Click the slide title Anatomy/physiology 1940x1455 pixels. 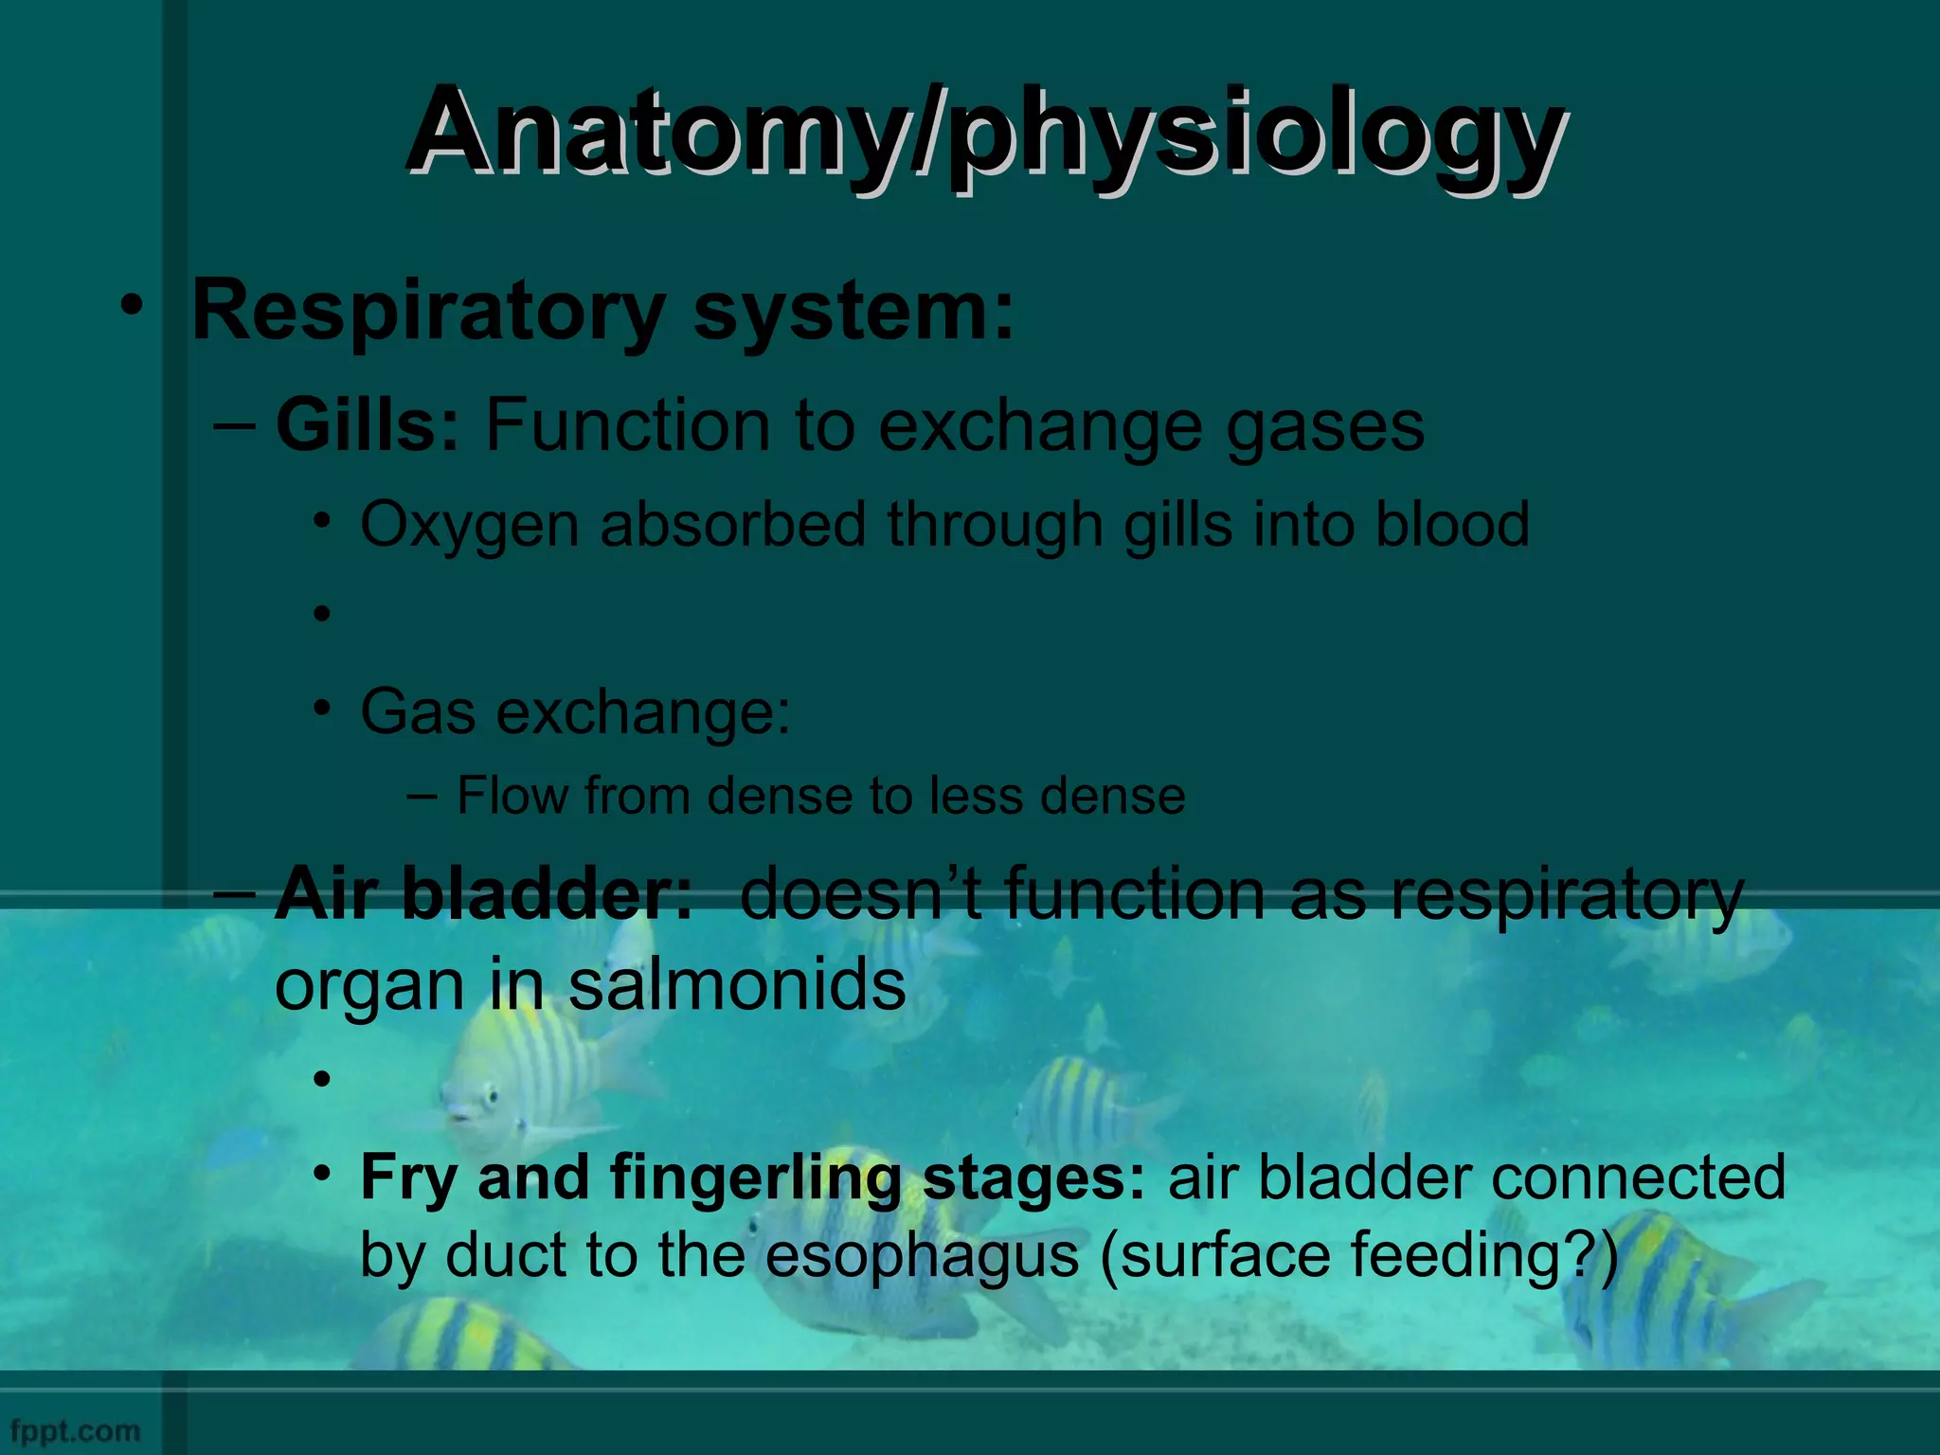[985, 133]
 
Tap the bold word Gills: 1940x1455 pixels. [368, 425]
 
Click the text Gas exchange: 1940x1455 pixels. [575, 711]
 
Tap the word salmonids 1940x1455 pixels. [736, 985]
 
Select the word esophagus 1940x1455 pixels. [921, 1255]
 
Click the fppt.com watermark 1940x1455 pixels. [75, 1429]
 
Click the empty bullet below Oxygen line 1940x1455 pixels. [323, 615]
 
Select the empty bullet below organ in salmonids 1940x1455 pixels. [323, 1079]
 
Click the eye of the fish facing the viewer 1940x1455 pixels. [490, 1099]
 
